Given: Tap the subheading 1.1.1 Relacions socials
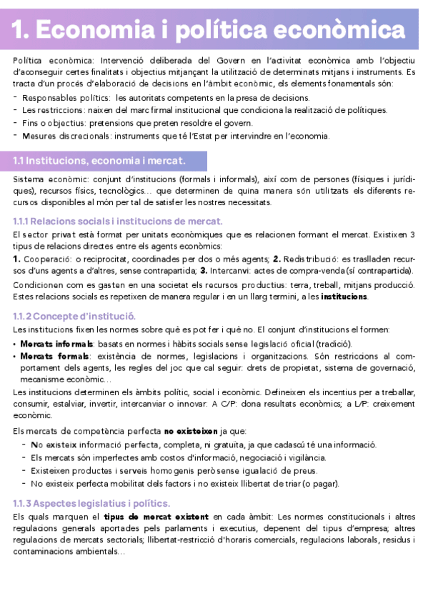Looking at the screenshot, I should [118, 222].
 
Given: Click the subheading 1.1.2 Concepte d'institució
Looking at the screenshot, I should [74, 316].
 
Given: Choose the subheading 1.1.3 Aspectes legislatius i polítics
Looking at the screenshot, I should [91, 504].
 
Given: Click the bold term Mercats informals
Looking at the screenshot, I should [50, 343].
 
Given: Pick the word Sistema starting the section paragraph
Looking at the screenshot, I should [28, 178].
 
